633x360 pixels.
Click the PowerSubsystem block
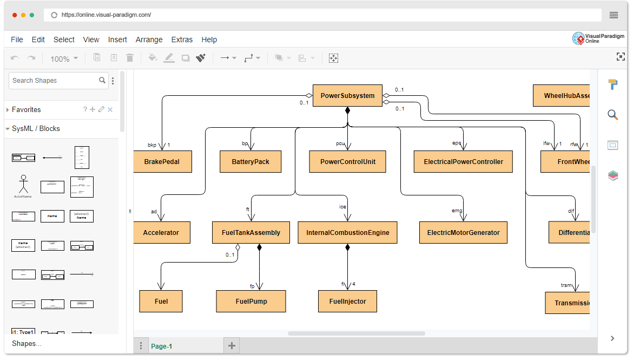click(347, 96)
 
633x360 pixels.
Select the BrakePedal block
click(162, 161)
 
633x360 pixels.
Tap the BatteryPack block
click(250, 161)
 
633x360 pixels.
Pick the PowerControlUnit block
click(347, 161)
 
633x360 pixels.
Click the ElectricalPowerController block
click(463, 161)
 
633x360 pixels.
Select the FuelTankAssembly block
click(251, 232)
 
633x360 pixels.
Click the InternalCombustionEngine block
click(348, 232)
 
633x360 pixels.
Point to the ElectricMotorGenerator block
click(463, 232)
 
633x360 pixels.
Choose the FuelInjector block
click(347, 301)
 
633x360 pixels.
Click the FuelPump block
click(251, 301)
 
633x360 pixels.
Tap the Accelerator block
click(161, 232)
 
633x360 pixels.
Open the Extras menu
click(182, 40)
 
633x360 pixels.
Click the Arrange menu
click(149, 40)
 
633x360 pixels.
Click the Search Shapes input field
click(54, 81)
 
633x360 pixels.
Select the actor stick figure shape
click(23, 185)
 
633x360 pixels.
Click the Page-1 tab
click(161, 346)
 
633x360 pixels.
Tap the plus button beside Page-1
click(232, 345)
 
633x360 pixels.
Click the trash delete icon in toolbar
click(130, 58)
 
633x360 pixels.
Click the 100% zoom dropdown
click(64, 58)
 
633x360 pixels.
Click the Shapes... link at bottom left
click(27, 343)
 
